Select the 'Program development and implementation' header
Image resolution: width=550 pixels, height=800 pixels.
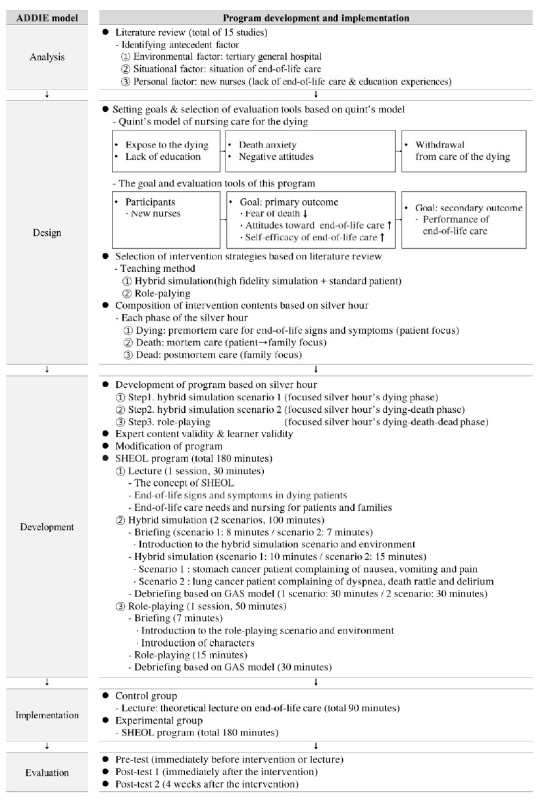tap(316, 18)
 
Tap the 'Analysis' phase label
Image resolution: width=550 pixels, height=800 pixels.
tap(47, 57)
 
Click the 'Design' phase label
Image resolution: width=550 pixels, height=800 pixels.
tap(47, 232)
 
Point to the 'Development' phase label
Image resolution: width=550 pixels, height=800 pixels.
tap(47, 526)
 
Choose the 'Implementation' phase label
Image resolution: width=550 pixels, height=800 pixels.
tap(47, 714)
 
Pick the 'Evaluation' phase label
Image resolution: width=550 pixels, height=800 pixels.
tap(47, 774)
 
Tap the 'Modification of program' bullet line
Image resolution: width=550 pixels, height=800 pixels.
tap(169, 446)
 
